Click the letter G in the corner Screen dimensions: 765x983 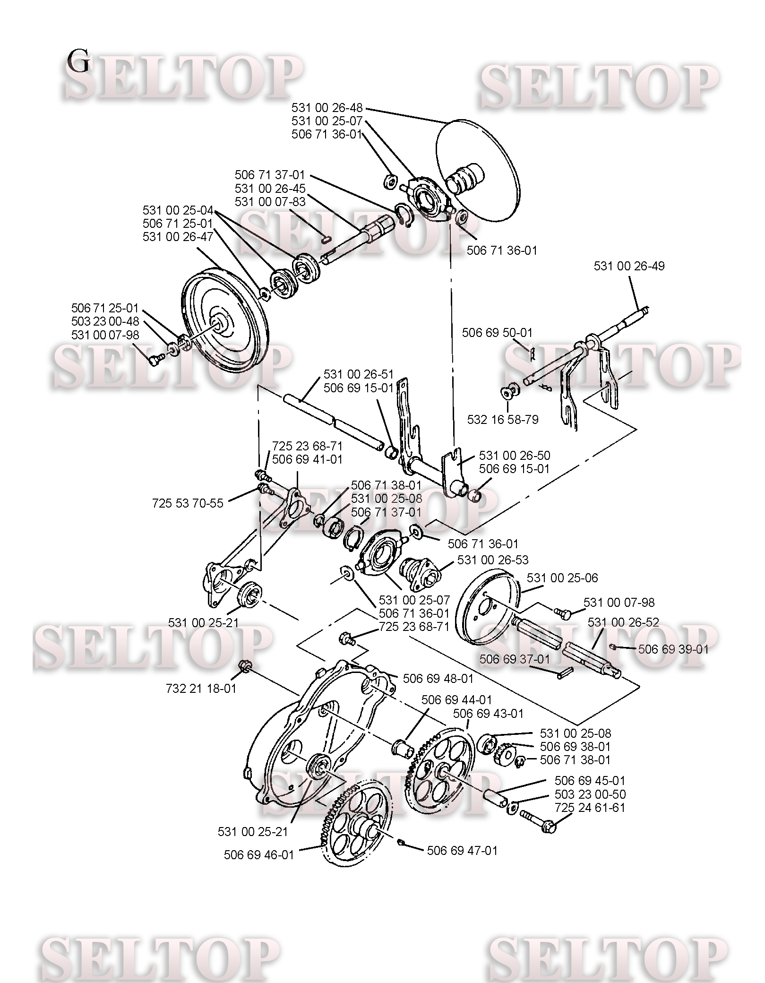click(78, 61)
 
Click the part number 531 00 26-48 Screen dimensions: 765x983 click(327, 108)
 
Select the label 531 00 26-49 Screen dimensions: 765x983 click(629, 266)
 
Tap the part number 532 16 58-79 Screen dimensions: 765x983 click(503, 420)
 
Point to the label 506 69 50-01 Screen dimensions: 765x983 click(497, 333)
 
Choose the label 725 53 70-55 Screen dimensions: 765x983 click(188, 503)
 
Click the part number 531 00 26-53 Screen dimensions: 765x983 click(493, 560)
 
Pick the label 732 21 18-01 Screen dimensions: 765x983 click(201, 689)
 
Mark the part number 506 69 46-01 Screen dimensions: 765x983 click(259, 855)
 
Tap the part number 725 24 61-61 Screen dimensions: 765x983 click(590, 808)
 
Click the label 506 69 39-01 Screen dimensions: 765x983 click(673, 649)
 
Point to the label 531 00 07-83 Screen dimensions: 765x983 click(270, 202)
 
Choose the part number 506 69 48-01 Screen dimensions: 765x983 click(438, 679)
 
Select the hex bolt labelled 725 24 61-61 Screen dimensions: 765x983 click(539, 821)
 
